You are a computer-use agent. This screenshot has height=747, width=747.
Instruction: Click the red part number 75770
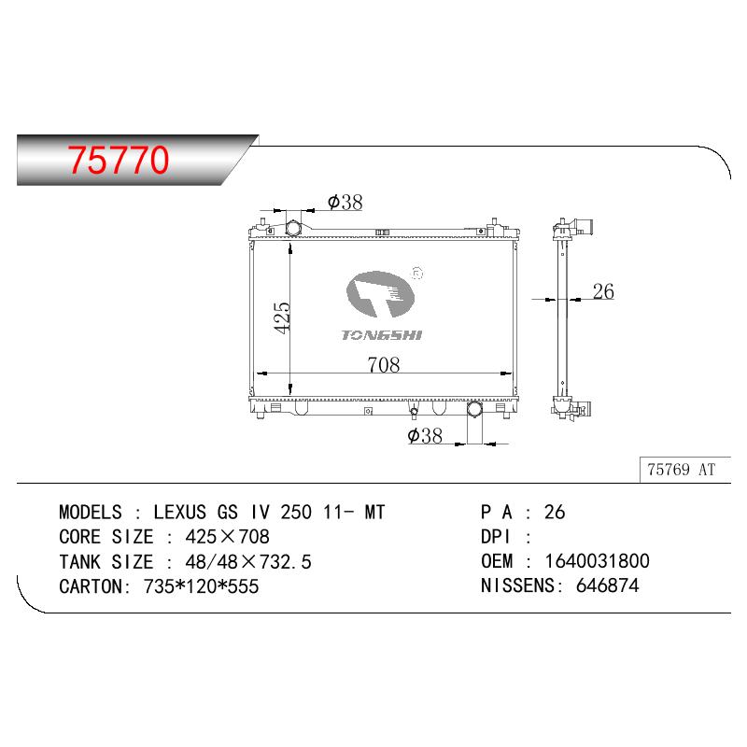point(119,160)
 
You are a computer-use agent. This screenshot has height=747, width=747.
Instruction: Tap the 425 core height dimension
point(282,317)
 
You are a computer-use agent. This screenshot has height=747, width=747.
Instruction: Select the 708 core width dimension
point(384,365)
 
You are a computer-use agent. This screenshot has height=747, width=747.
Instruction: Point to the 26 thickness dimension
point(603,291)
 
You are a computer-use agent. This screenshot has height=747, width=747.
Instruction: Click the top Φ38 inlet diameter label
point(345,202)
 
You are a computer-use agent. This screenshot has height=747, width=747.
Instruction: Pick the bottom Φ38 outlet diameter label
point(425,435)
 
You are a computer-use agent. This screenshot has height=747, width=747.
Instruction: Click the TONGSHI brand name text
point(382,335)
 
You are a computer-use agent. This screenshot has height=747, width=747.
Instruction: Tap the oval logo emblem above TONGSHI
point(380,294)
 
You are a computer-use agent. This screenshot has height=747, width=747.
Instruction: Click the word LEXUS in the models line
point(179,512)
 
